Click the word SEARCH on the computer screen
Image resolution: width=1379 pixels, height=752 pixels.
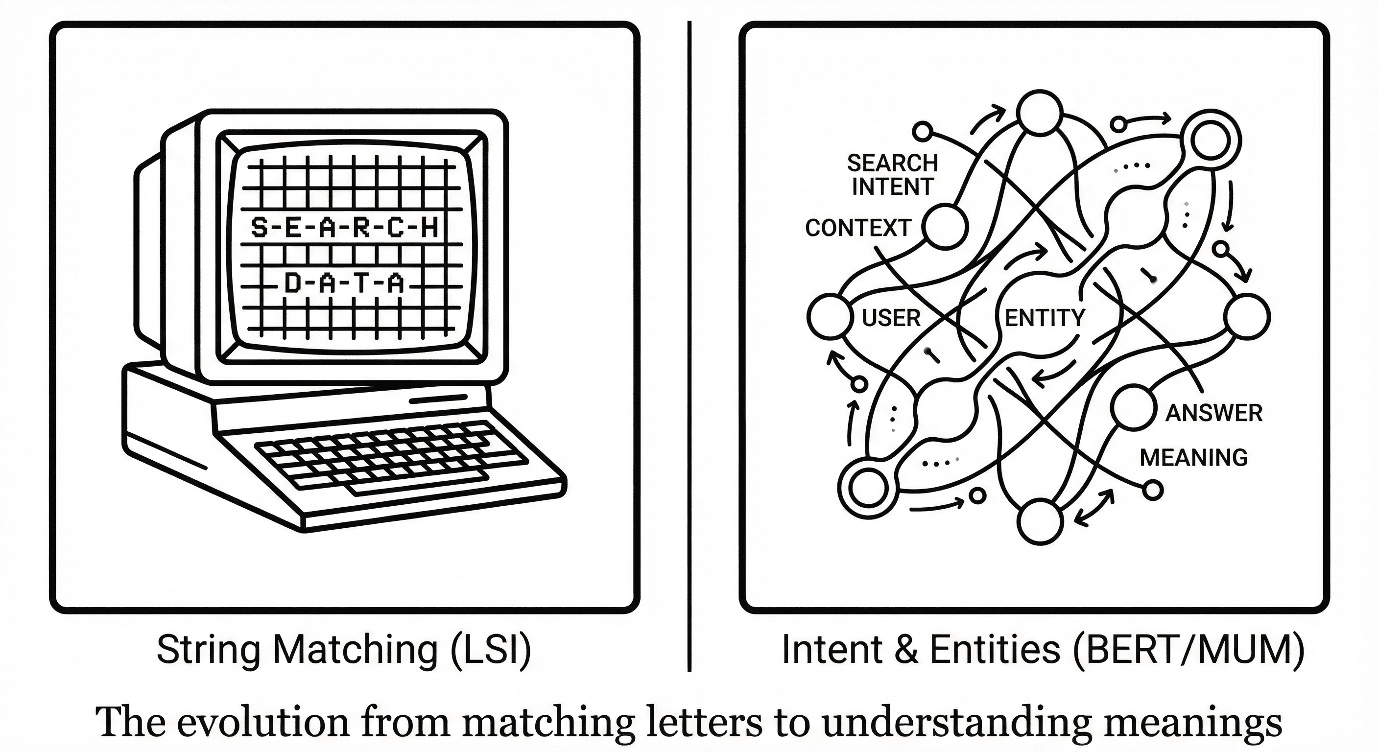(344, 229)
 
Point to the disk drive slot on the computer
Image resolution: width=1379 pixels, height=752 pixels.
(438, 399)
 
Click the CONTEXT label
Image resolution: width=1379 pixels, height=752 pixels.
(857, 228)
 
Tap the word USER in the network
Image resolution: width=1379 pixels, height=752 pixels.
(891, 318)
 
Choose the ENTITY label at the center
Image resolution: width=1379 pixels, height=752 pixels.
(1045, 318)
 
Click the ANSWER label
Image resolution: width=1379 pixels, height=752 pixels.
(1213, 413)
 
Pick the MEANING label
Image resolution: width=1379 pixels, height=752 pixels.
(1193, 458)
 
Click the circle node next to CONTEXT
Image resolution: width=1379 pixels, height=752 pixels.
(946, 228)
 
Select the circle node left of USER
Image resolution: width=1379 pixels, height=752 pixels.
(829, 317)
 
